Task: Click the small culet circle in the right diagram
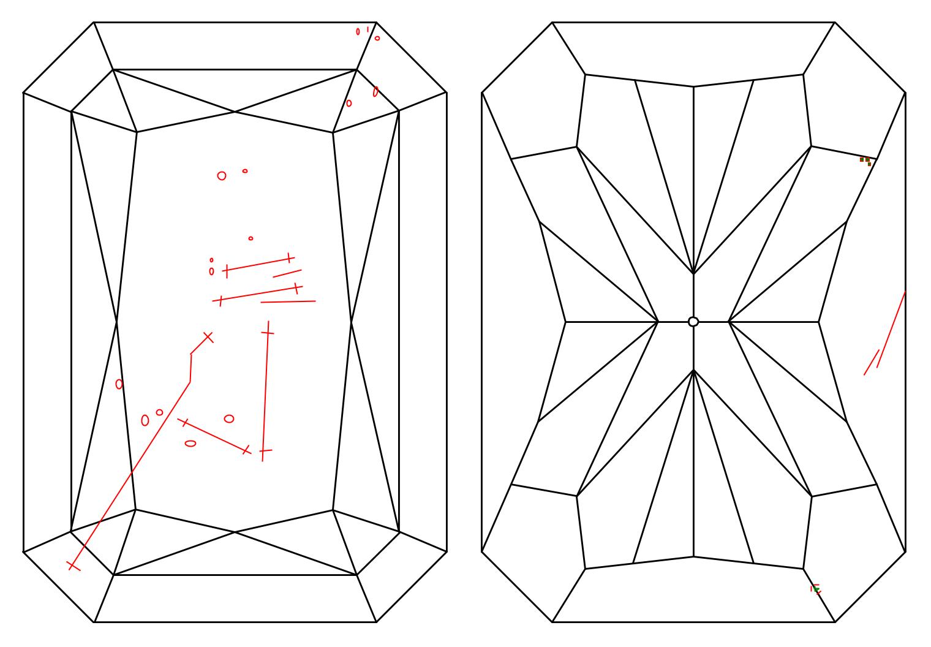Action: pyautogui.click(x=693, y=322)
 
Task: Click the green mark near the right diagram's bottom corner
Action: pyautogui.click(x=816, y=590)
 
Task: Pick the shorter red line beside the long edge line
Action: pyautogui.click(x=872, y=362)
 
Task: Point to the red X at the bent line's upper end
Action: pyautogui.click(x=208, y=336)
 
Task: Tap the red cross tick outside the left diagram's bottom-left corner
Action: pyautogui.click(x=73, y=565)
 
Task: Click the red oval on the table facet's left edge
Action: pyautogui.click(x=119, y=384)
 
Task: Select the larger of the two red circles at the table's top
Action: pyautogui.click(x=222, y=176)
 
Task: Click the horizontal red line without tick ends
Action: pyautogui.click(x=288, y=301)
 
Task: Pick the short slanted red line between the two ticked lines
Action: pyautogui.click(x=287, y=273)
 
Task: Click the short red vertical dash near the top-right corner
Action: pyautogui.click(x=367, y=29)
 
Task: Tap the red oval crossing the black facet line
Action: pyautogui.click(x=375, y=91)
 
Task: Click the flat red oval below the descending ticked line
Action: pyautogui.click(x=190, y=443)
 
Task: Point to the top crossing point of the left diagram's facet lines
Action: pyautogui.click(x=235, y=112)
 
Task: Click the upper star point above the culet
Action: pyautogui.click(x=693, y=273)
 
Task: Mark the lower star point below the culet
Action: pyautogui.click(x=693, y=371)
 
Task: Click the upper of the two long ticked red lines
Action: pyautogui.click(x=258, y=264)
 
